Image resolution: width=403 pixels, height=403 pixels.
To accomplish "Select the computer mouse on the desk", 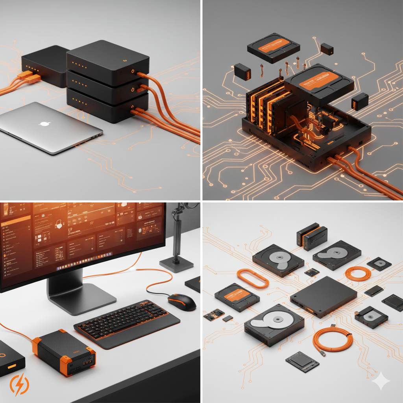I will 182,302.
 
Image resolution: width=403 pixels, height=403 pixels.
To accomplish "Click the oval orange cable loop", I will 253,278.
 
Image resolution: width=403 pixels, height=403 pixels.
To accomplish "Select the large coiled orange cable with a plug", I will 333,340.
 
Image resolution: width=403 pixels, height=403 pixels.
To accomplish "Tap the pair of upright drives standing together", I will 312,236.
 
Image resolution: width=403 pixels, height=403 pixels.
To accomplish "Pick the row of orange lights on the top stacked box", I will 81,63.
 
